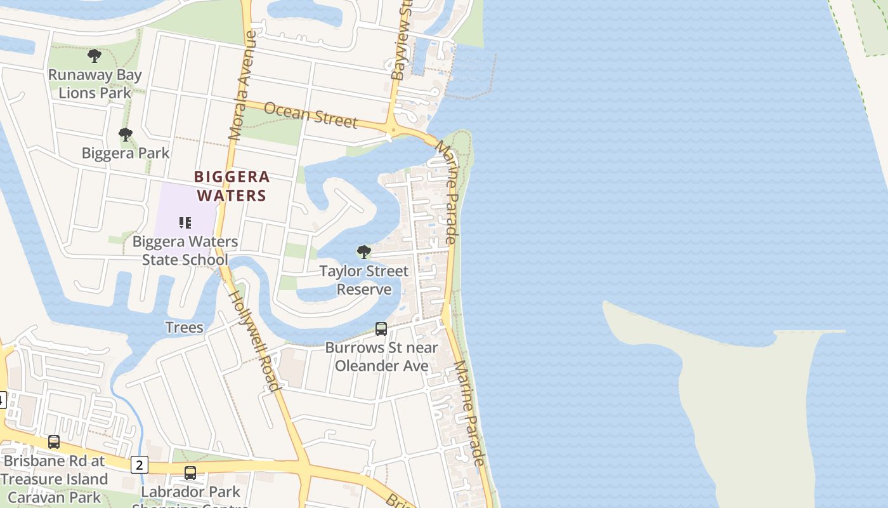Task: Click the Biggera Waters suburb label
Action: [x=232, y=186]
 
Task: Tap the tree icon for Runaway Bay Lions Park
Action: [x=95, y=56]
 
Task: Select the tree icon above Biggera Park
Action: [x=126, y=135]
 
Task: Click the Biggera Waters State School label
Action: [x=185, y=251]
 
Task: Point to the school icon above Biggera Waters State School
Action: [x=185, y=223]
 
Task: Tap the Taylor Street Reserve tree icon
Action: [x=364, y=252]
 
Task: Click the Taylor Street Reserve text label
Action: [x=364, y=280]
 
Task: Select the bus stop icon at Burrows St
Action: [x=381, y=329]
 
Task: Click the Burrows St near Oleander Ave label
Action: [x=382, y=357]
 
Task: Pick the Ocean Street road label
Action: [x=311, y=115]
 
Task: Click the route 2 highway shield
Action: [x=140, y=465]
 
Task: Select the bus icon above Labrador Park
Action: [x=190, y=473]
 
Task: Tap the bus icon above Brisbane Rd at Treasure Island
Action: [x=54, y=441]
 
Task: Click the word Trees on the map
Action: [x=184, y=328]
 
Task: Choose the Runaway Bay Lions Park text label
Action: [x=95, y=84]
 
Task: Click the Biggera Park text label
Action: [x=126, y=153]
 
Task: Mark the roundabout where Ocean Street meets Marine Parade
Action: [x=394, y=131]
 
